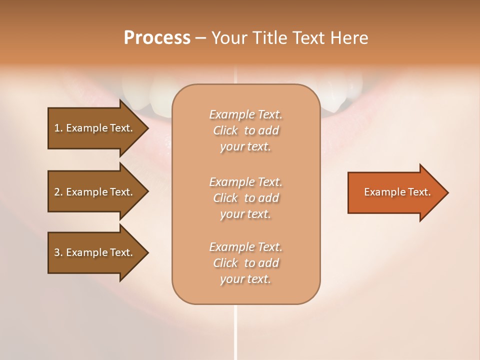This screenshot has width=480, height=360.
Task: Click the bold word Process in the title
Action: pyautogui.click(x=157, y=38)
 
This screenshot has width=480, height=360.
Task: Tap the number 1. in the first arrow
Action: pyautogui.click(x=58, y=128)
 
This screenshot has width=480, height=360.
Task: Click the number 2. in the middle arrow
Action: pyautogui.click(x=58, y=192)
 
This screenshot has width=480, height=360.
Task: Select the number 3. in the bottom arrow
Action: pyautogui.click(x=58, y=252)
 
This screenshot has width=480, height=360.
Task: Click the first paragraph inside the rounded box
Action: pyautogui.click(x=245, y=130)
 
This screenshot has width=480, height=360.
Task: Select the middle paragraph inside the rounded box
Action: pyautogui.click(x=245, y=198)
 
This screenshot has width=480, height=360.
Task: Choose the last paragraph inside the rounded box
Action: pyautogui.click(x=245, y=263)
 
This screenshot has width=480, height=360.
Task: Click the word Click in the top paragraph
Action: pyautogui.click(x=225, y=130)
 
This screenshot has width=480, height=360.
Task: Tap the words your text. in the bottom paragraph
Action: pyautogui.click(x=245, y=279)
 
